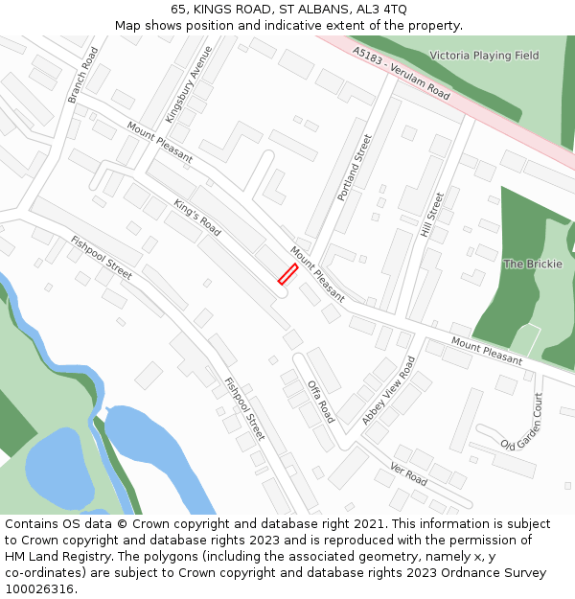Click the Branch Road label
click(x=83, y=75)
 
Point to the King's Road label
click(x=197, y=218)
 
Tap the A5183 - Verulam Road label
click(x=401, y=73)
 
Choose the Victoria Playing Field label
click(x=484, y=56)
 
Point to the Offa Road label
click(x=321, y=402)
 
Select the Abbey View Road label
click(x=389, y=391)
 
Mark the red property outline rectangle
click(x=287, y=274)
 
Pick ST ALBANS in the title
click(x=309, y=9)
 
